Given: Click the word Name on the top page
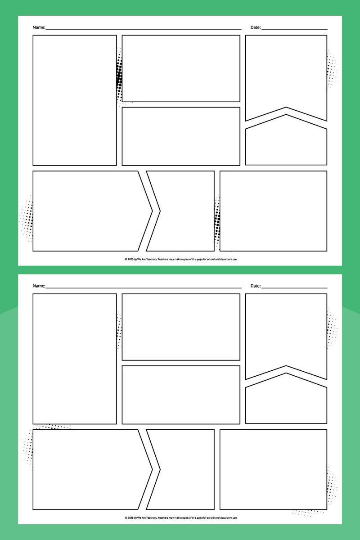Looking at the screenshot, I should (39, 27).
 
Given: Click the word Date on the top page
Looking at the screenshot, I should (255, 27).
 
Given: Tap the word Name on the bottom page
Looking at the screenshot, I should (39, 286).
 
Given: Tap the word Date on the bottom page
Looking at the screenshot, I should (255, 286).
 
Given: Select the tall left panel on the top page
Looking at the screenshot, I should (75, 100).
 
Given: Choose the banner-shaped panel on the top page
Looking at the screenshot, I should (286, 74).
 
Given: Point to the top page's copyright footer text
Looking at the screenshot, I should (181, 259).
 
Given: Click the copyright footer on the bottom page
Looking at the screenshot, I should (181, 517).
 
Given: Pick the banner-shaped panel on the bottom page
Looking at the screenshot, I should (286, 333).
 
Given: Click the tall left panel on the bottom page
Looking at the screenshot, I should (75, 359).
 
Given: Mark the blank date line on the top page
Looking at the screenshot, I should (294, 29).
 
